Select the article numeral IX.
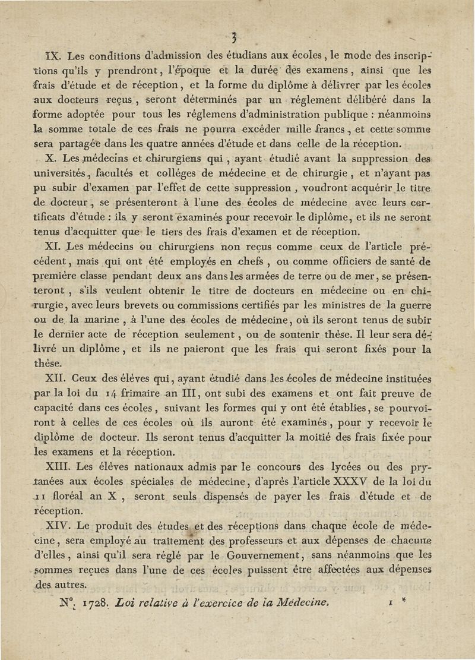[x=55, y=57]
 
